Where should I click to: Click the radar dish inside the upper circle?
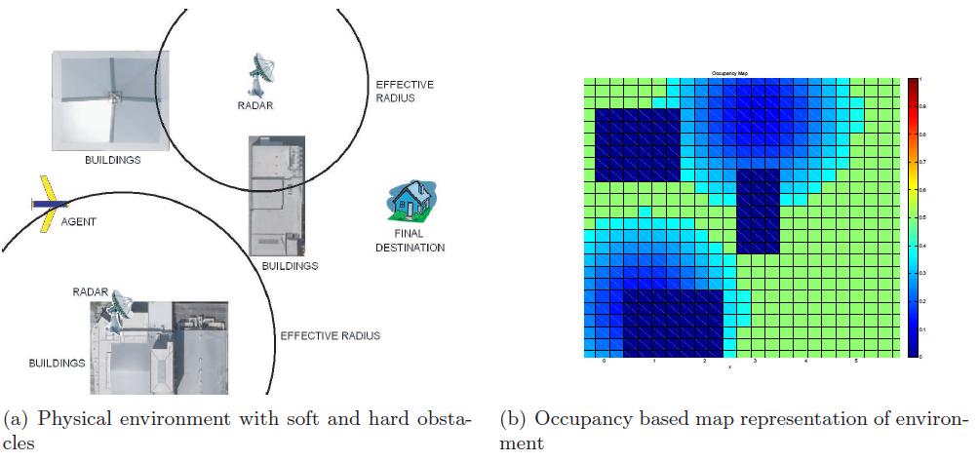tap(261, 69)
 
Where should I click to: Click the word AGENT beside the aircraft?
tap(78, 222)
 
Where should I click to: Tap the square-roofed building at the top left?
tap(109, 100)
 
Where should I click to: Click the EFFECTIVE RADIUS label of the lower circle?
tap(330, 336)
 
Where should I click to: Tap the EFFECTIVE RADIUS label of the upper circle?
tap(404, 91)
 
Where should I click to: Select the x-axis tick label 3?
tap(755, 362)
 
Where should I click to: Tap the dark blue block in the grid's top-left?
tap(637, 144)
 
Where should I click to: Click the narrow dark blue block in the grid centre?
tap(759, 211)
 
